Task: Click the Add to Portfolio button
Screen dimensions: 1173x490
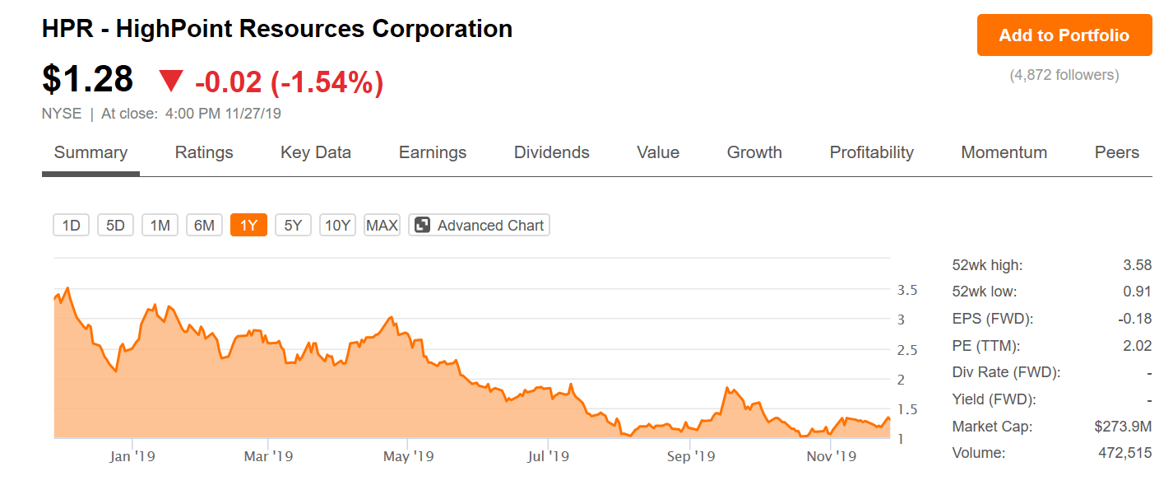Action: point(1064,35)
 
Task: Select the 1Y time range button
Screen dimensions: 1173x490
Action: point(248,226)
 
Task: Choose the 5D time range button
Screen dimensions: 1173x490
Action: point(115,226)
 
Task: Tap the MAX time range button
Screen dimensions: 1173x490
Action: point(382,226)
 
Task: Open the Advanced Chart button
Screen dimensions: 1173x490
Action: point(479,226)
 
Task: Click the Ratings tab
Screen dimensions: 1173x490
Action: point(204,152)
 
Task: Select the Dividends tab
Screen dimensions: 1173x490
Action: point(551,152)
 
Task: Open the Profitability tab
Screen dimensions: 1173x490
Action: point(871,152)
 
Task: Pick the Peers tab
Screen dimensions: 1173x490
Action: point(1117,152)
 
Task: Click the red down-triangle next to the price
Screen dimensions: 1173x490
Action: point(171,81)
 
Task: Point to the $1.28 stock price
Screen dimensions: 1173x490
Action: point(87,79)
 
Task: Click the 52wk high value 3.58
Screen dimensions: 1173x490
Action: point(1137,265)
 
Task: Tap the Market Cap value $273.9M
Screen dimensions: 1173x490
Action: point(1123,427)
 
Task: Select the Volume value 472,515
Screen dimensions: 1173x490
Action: point(1124,453)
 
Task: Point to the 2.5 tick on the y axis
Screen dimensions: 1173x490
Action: point(907,350)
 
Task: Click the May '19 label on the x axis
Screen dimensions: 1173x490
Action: point(409,456)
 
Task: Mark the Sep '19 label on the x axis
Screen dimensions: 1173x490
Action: point(691,456)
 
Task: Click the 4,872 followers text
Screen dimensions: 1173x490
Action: point(1064,75)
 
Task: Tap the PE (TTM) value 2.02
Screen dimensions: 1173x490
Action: point(1137,346)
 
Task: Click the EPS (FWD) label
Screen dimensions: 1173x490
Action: point(992,320)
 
